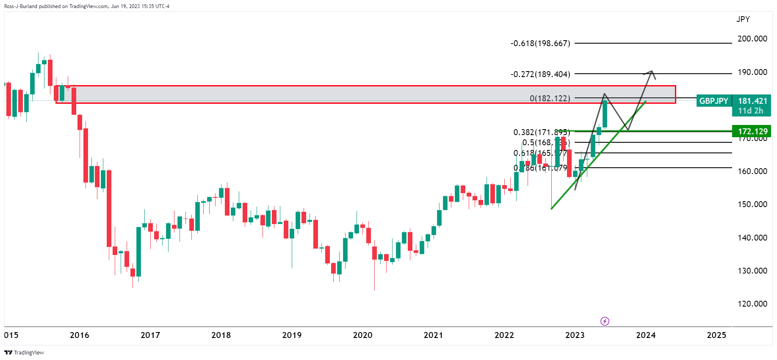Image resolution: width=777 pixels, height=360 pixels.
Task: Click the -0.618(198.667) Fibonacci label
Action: pyautogui.click(x=540, y=43)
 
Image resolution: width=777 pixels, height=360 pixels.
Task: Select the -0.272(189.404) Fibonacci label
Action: pyautogui.click(x=540, y=74)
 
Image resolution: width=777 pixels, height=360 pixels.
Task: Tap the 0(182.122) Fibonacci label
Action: pyautogui.click(x=550, y=98)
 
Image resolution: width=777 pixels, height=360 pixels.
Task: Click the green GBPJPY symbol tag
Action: pyautogui.click(x=713, y=101)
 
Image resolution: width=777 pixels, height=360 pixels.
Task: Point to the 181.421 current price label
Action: pyautogui.click(x=752, y=101)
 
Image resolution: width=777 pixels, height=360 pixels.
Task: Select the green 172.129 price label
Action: pyautogui.click(x=752, y=131)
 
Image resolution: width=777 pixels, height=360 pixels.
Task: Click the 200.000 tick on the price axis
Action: pyautogui.click(x=752, y=39)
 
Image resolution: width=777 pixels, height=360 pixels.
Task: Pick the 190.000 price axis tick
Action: pyautogui.click(x=752, y=72)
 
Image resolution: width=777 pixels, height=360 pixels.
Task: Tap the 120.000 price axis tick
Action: pyautogui.click(x=752, y=304)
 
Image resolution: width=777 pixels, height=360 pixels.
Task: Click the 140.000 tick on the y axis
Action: pyautogui.click(x=752, y=238)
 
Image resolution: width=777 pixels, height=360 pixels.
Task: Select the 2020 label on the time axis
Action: pyautogui.click(x=362, y=335)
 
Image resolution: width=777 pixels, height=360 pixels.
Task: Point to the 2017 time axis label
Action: pyautogui.click(x=150, y=335)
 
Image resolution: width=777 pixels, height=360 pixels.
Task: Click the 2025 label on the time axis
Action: pyautogui.click(x=716, y=335)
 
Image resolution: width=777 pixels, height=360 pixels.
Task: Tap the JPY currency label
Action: pyautogui.click(x=743, y=19)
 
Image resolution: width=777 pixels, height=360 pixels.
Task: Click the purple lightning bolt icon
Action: pyautogui.click(x=605, y=321)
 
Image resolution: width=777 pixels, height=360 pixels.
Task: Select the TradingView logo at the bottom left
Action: pyautogui.click(x=24, y=352)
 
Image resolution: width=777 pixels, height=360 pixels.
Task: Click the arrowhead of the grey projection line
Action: pyautogui.click(x=652, y=72)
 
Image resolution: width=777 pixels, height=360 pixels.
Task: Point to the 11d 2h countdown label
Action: pyautogui.click(x=750, y=111)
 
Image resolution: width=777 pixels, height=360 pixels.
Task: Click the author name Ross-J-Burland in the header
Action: pyautogui.click(x=21, y=6)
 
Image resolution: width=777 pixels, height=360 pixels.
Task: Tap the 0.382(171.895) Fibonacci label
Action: pyautogui.click(x=541, y=132)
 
